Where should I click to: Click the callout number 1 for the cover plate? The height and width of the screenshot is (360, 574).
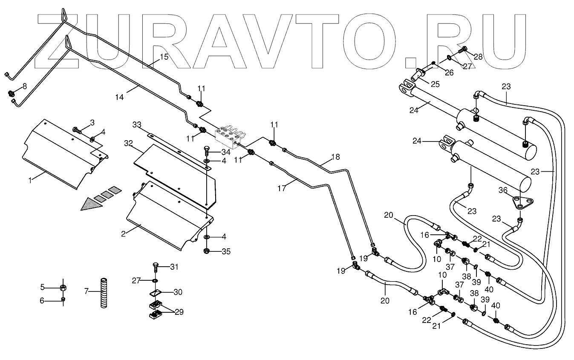tap(30, 180)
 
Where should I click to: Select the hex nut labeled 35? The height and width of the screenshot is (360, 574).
tap(207, 251)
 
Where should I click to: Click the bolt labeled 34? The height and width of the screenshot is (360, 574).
tap(207, 150)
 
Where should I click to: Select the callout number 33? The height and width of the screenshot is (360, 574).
tap(136, 125)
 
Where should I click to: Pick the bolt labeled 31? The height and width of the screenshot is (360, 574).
tap(155, 268)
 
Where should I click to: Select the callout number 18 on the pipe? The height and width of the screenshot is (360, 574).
tap(336, 157)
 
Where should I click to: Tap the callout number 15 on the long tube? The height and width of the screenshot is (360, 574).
tap(164, 57)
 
